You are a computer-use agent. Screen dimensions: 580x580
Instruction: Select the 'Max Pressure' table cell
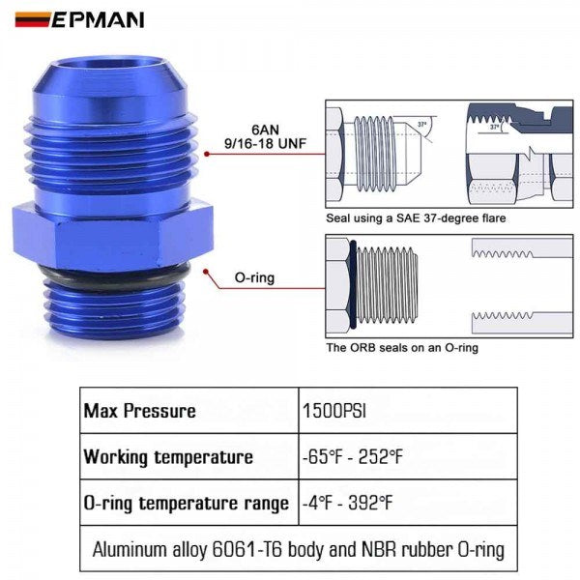click(139, 412)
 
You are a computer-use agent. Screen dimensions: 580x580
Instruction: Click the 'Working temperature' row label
click(168, 457)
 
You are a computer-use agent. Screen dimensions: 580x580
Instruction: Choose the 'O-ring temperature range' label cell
click(186, 503)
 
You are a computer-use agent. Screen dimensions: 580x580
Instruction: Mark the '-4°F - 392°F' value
click(351, 503)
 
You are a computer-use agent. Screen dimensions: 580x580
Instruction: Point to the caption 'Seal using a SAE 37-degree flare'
click(416, 218)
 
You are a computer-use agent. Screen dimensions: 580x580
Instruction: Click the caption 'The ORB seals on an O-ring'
click(401, 348)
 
